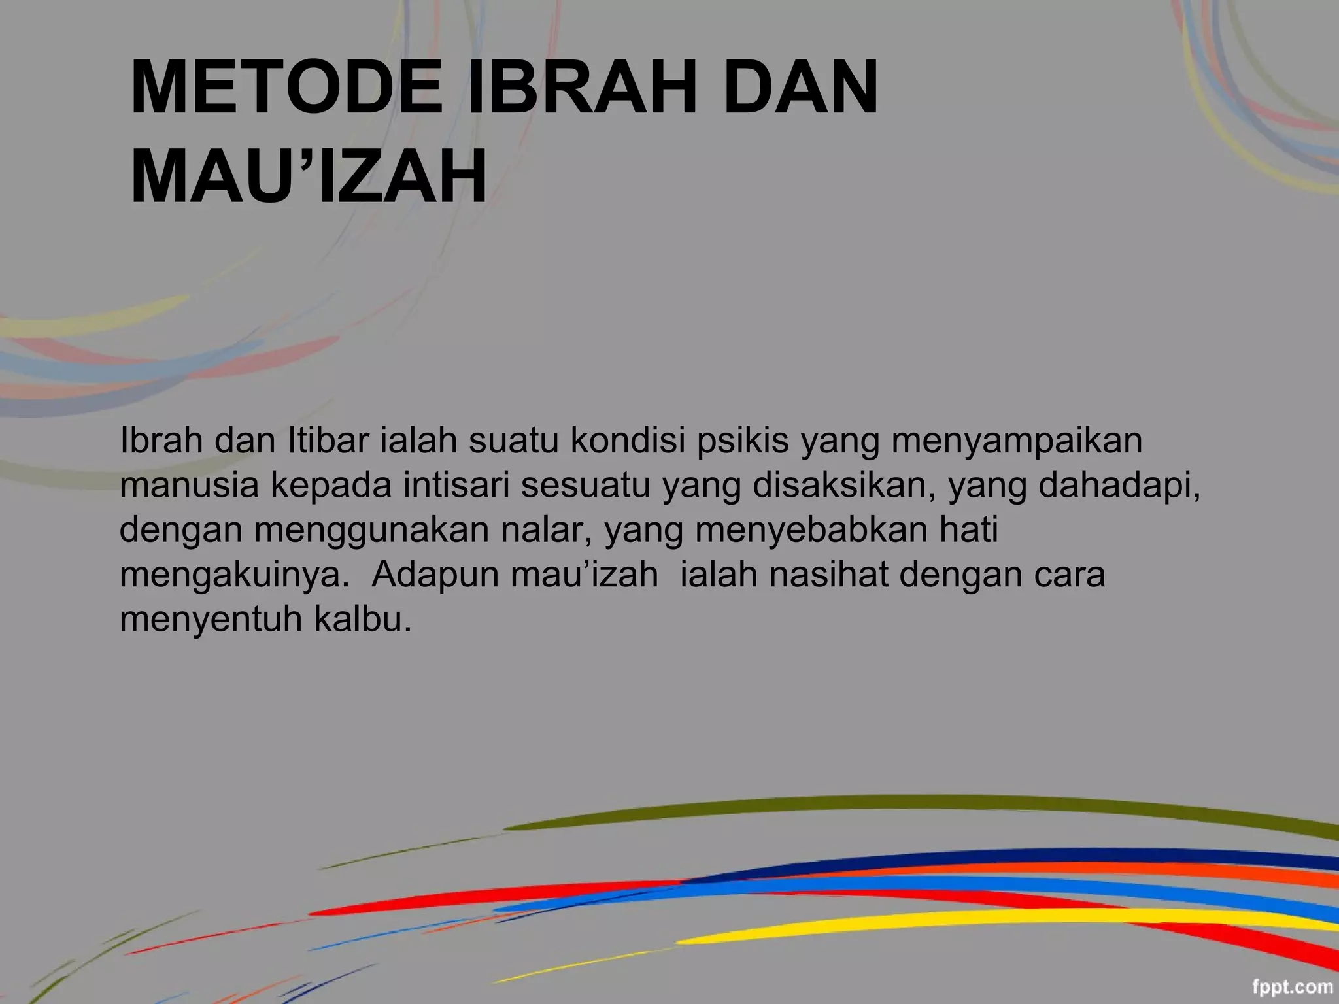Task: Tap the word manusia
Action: (x=190, y=485)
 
